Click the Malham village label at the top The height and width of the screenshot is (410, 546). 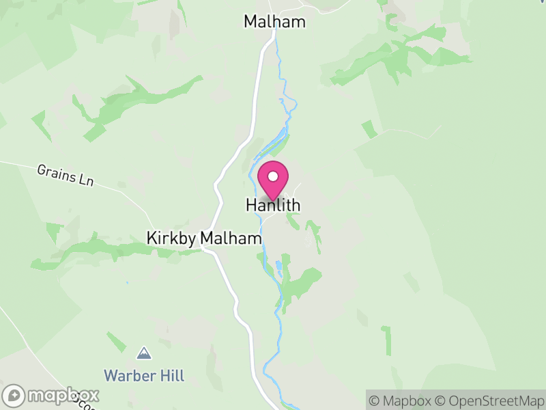coord(274,22)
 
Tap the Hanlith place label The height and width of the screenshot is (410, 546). coord(273,205)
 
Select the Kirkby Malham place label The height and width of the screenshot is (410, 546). coord(204,238)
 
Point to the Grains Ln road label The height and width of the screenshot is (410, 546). coord(66,175)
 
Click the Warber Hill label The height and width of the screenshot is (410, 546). coord(144,376)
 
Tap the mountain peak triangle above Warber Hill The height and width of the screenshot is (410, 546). coord(144,353)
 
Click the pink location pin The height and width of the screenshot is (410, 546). coord(273,180)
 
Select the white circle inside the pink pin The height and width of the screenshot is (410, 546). coord(273,176)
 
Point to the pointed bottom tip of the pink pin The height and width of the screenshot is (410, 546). coord(273,200)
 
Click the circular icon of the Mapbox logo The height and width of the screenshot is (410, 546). coord(16,396)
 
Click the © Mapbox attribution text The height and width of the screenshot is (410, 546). coord(401,400)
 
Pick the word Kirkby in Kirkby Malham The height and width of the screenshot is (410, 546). coord(168,238)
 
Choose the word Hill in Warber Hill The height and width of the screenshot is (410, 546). coord(171,376)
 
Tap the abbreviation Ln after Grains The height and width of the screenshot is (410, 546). coord(85,181)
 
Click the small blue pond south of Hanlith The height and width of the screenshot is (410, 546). coord(278,265)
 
